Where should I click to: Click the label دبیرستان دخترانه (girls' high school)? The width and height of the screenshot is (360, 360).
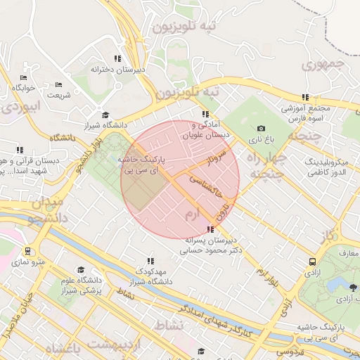tap(117, 70)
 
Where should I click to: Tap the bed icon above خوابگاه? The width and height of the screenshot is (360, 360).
tap(23, 77)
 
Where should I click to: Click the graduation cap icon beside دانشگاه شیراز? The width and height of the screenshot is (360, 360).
tap(105, 115)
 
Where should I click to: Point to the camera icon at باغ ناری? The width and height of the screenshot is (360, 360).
tap(262, 129)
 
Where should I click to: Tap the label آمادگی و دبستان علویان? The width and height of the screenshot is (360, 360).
tap(205, 129)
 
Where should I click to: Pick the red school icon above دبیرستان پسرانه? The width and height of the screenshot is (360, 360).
tap(211, 229)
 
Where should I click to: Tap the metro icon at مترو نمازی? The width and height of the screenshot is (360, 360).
tap(27, 251)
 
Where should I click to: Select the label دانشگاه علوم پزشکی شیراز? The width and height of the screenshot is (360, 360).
tap(79, 285)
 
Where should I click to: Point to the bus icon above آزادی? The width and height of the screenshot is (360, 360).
tap(311, 262)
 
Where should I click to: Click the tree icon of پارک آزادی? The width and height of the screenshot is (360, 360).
tap(352, 288)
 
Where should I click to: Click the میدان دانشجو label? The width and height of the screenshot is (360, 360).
tap(45, 210)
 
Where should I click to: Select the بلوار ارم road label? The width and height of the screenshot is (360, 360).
tap(266, 272)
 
